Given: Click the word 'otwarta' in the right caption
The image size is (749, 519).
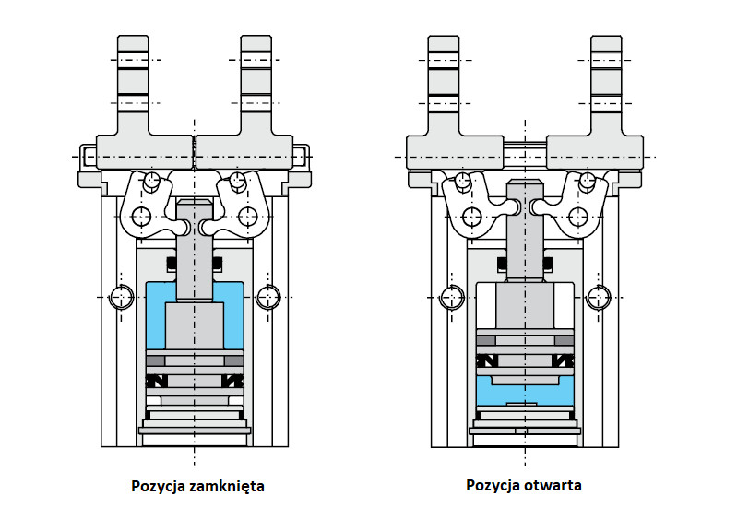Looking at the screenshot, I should (551, 485).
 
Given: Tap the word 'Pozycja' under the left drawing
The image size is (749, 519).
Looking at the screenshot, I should (157, 485).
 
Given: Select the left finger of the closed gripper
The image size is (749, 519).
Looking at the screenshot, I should (134, 92).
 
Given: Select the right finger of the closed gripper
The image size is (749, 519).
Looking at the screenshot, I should (256, 92).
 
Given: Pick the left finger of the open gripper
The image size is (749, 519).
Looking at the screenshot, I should (446, 92).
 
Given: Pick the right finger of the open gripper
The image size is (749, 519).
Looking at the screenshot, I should (606, 92).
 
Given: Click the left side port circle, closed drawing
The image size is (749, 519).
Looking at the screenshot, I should (120, 297).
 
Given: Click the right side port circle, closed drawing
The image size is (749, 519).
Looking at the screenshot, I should (267, 297).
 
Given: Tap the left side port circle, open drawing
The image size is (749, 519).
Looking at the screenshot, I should (452, 297).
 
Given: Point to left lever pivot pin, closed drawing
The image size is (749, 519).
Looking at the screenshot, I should (141, 218).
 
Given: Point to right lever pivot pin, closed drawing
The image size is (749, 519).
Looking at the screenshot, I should (246, 218).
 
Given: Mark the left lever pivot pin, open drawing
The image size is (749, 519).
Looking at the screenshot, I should (474, 218).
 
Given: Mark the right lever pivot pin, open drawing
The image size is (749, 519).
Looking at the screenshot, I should (578, 218).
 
